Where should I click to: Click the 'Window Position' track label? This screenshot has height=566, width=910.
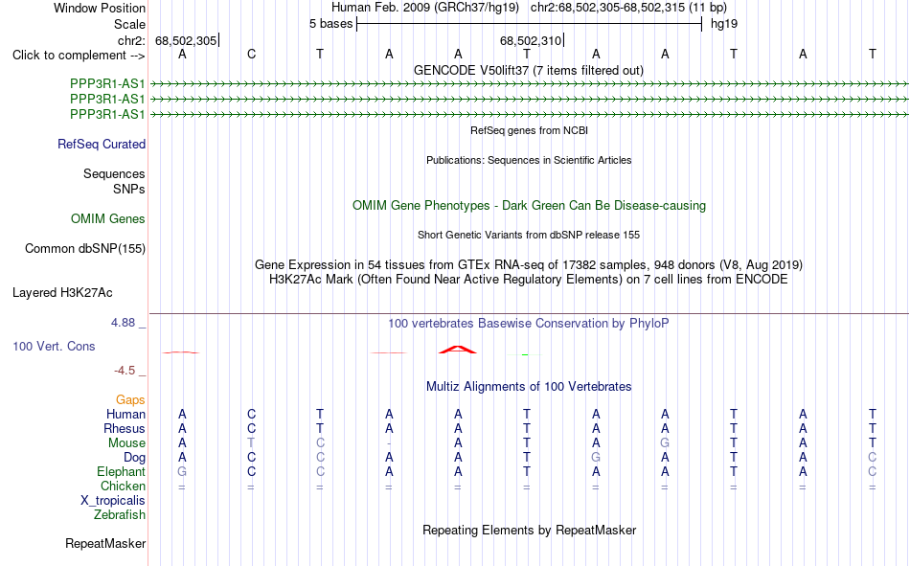point(100,8)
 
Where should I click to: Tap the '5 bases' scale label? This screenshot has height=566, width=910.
point(330,24)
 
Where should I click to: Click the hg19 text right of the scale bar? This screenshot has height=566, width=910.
point(724,24)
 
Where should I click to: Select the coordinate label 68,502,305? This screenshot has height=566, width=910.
point(186,40)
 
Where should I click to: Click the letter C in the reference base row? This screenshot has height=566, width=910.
point(251,54)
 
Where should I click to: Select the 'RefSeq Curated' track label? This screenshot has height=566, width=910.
point(102,144)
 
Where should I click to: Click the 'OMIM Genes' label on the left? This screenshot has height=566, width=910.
point(108,219)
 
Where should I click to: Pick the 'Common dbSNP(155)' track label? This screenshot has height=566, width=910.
point(85,248)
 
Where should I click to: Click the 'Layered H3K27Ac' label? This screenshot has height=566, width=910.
point(62,293)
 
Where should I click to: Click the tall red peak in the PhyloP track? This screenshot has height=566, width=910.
point(458,349)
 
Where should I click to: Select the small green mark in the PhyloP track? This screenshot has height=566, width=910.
point(525,354)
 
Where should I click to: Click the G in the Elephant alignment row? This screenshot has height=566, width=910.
point(182,471)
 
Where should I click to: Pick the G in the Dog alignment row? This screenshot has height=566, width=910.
point(596,458)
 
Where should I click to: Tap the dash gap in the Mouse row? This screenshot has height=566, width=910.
point(389,443)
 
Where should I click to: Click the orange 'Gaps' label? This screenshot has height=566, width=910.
point(130,400)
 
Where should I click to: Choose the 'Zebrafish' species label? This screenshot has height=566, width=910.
point(120,515)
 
